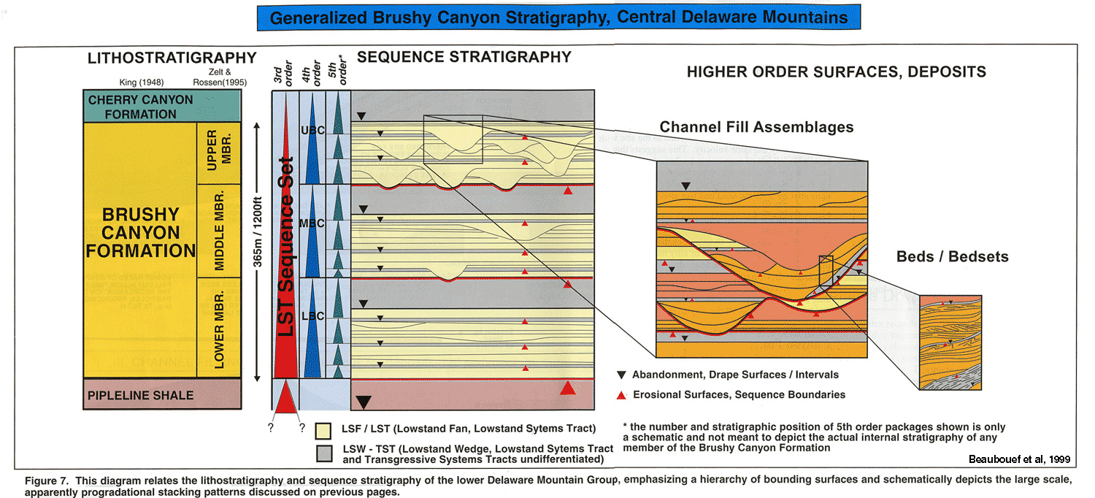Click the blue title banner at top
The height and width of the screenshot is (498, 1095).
click(559, 18)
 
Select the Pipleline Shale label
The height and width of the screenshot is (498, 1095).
click(141, 395)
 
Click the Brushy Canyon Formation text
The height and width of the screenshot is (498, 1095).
click(141, 233)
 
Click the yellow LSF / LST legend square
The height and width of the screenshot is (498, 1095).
click(323, 429)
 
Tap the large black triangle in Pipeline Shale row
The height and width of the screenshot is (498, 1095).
click(364, 401)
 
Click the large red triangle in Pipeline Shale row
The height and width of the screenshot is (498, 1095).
click(568, 388)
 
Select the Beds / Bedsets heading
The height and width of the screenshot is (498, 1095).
click(952, 256)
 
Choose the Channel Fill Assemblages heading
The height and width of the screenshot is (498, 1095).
click(756, 127)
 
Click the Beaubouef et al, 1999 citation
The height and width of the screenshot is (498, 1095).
click(1018, 459)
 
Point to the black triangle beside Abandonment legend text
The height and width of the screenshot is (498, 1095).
click(621, 375)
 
